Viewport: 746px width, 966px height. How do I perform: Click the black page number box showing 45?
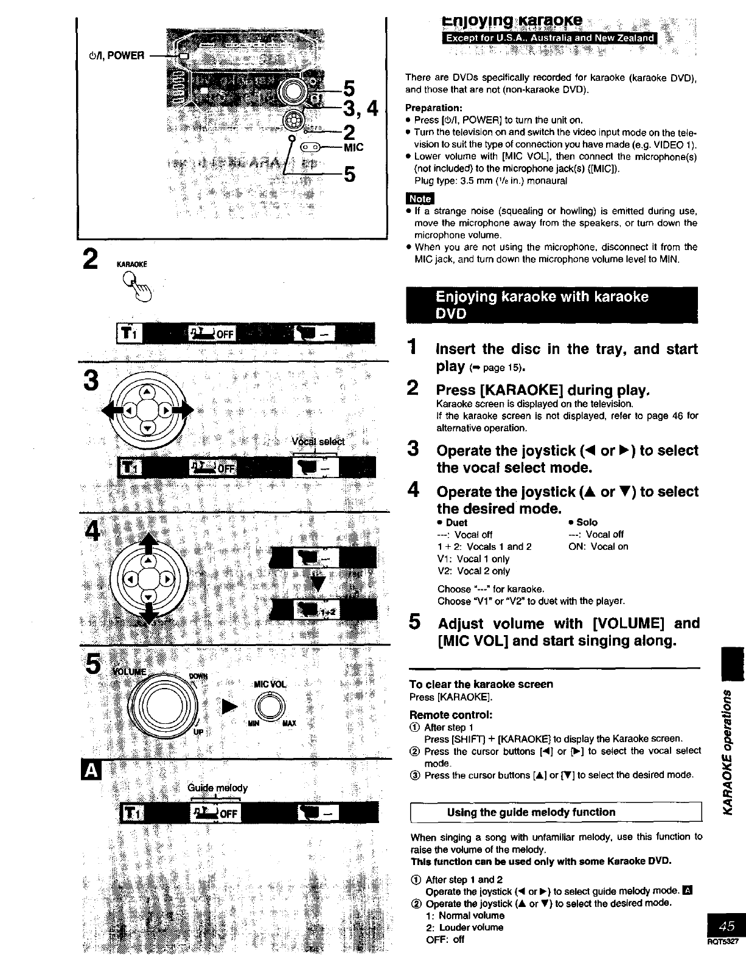pyautogui.click(x=726, y=926)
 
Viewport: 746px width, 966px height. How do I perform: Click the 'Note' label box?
pyautogui.click(x=419, y=198)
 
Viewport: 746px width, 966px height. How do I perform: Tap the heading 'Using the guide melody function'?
pyautogui.click(x=531, y=812)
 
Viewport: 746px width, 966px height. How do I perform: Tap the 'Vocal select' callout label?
pyautogui.click(x=318, y=442)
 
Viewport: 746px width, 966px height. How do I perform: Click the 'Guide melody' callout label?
pyautogui.click(x=218, y=788)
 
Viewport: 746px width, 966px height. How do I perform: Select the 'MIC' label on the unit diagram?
pyautogui.click(x=354, y=147)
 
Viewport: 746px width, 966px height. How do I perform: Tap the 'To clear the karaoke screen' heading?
pyautogui.click(x=481, y=684)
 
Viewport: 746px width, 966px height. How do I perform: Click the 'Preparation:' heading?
pyautogui.click(x=434, y=108)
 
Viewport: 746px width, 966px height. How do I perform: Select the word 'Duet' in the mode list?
pyautogui.click(x=456, y=522)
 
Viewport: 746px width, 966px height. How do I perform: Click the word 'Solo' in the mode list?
pyautogui.click(x=587, y=522)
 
